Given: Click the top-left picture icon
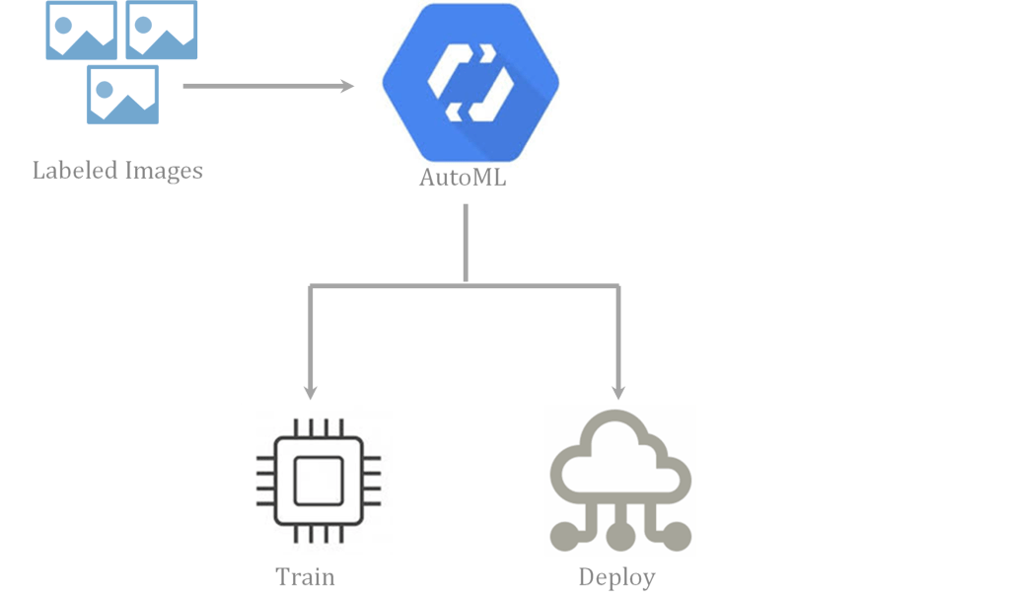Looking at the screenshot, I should point(81,30).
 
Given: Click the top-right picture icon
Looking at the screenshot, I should point(162,30).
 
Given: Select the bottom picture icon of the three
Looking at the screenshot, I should point(122,95).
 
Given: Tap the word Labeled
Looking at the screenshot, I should point(75,171).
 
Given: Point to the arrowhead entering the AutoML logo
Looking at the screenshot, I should point(346,87).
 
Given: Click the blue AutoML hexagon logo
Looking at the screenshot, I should point(469,81).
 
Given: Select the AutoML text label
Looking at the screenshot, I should point(463,180).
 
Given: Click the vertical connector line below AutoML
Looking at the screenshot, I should point(466,242).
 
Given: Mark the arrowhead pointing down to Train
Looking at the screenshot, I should point(311,391).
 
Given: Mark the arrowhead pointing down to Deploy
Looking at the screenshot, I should point(619,391).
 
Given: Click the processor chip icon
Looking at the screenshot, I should point(318,480).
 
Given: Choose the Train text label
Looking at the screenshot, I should point(306,577).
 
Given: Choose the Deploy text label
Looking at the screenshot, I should point(616,577).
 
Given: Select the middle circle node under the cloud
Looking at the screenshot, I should point(619,537).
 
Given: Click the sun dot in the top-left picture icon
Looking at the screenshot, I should point(62,22).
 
